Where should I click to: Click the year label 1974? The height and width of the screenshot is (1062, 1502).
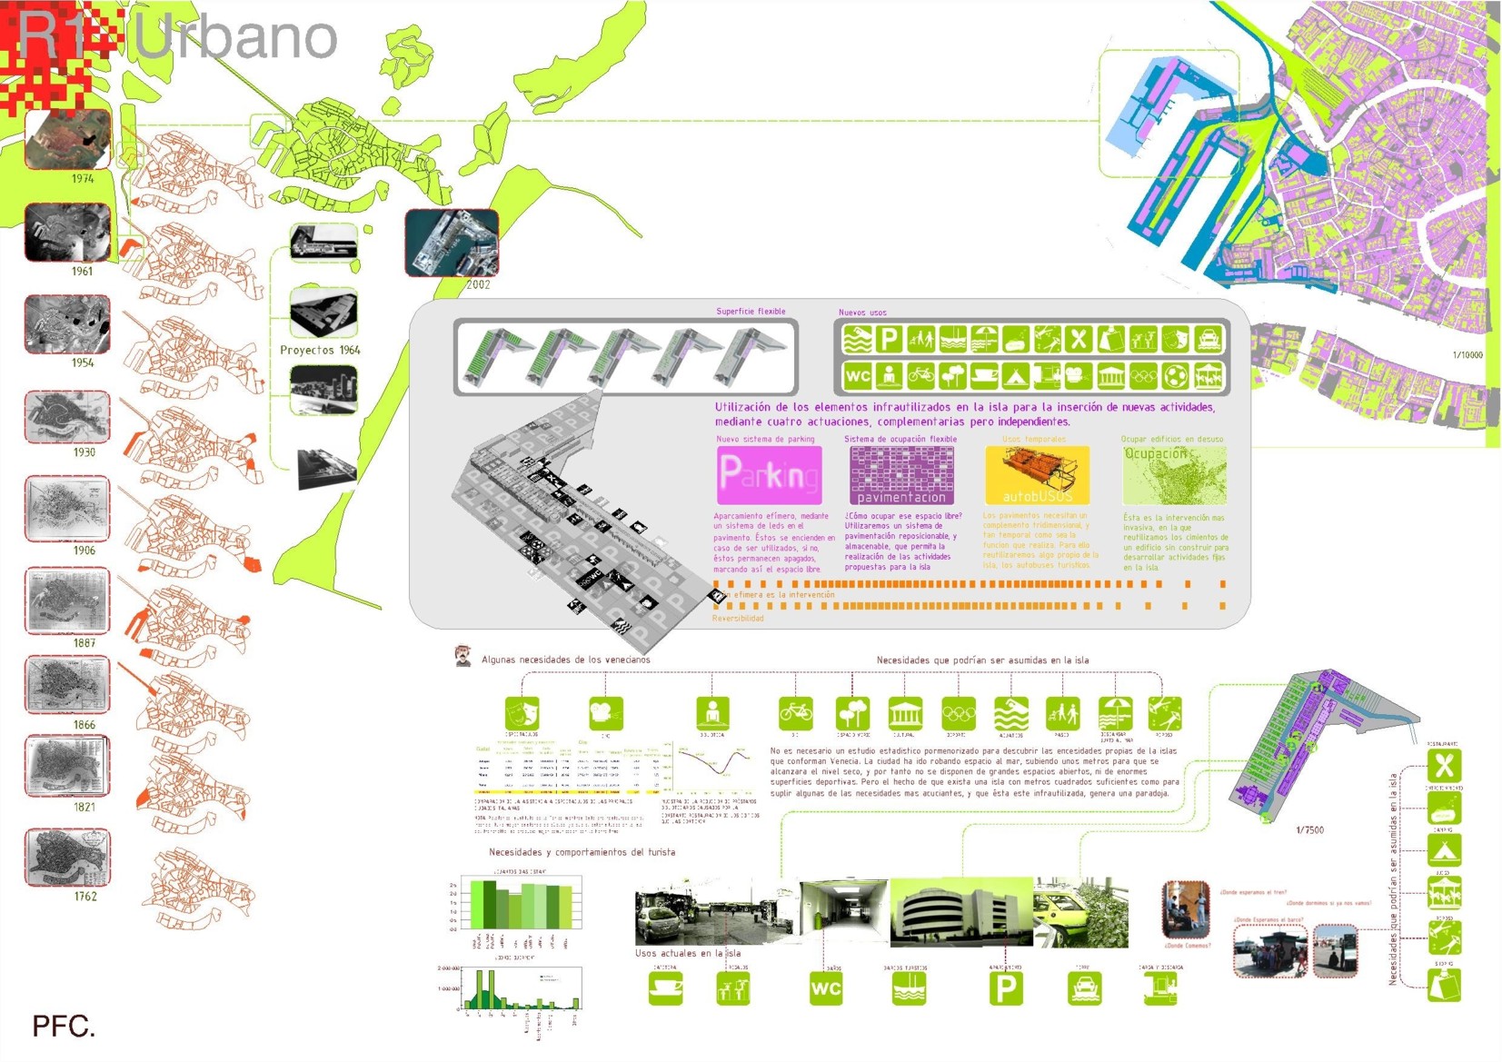point(83,179)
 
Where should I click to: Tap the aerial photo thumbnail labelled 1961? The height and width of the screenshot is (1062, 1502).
point(67,233)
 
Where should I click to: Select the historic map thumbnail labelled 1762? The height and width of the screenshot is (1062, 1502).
point(67,857)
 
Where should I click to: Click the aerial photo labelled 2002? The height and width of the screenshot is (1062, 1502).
point(452,243)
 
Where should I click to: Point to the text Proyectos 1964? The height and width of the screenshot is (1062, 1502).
point(320,350)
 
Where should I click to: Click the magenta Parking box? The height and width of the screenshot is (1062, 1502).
point(769,474)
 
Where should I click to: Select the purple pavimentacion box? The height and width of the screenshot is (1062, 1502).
point(901,475)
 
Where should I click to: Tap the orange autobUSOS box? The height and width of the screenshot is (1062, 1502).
point(1037,475)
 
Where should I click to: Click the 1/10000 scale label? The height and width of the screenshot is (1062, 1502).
point(1467,355)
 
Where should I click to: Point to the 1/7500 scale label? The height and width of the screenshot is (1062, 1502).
point(1309,830)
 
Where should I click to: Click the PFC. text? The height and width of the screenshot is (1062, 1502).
point(64,1027)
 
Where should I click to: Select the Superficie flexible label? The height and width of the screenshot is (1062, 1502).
point(751,312)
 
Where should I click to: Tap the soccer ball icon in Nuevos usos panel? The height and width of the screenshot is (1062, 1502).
point(1175,375)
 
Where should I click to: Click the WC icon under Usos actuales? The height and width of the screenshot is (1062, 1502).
point(825,988)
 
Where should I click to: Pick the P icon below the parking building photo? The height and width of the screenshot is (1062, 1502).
point(1006,988)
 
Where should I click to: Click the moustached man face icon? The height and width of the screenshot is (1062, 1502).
point(463,655)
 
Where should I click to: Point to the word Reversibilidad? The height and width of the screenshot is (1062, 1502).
point(738,619)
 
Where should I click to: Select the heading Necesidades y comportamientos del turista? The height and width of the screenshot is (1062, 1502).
point(582,852)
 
